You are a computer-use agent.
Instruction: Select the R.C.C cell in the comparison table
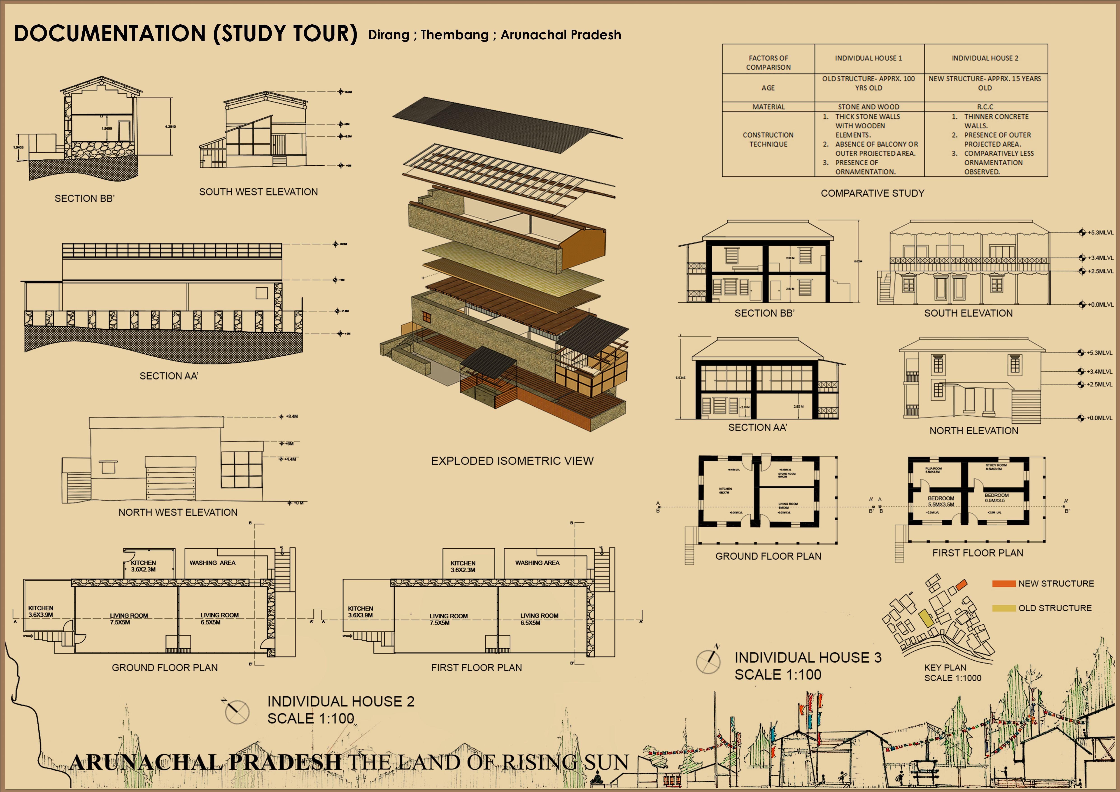click(985, 107)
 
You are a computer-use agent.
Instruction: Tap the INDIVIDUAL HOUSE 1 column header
click(868, 58)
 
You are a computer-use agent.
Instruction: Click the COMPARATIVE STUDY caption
click(872, 193)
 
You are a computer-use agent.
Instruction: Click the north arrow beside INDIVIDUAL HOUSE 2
click(237, 712)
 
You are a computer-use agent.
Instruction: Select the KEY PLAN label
click(945, 668)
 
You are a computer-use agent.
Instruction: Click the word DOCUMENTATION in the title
click(110, 34)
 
